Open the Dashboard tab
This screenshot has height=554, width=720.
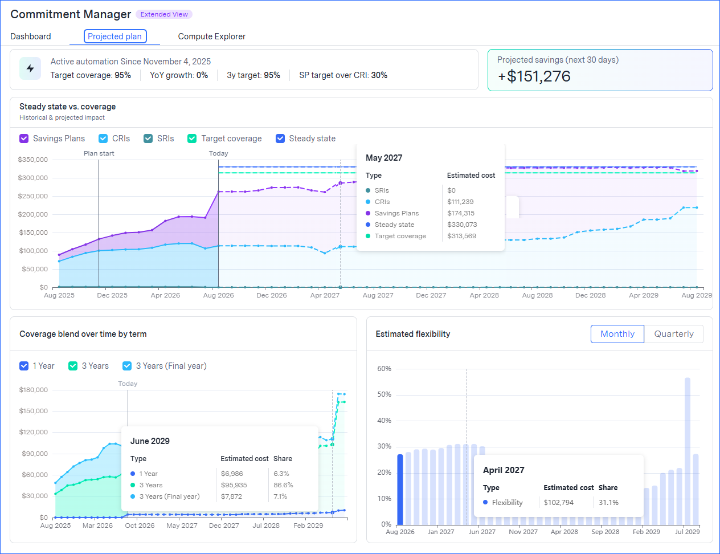tap(31, 36)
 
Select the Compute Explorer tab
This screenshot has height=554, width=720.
tap(212, 36)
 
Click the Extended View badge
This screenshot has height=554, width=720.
tap(164, 14)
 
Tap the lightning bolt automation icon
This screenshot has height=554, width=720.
tap(30, 68)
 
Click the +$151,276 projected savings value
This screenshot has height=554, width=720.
tap(534, 76)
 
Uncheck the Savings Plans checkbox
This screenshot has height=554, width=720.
tap(24, 138)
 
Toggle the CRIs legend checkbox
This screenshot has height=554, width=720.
tap(103, 138)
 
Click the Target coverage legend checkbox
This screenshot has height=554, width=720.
tap(192, 138)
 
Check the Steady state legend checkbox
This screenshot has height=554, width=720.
tap(280, 138)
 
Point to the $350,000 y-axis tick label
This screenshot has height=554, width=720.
tap(33, 160)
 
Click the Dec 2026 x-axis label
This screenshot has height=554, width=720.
tap(272, 295)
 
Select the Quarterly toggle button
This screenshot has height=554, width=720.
tap(674, 334)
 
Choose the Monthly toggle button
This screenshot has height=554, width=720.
tap(617, 334)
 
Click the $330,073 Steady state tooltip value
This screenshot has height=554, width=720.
tap(462, 225)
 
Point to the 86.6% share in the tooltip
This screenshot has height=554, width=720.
tap(283, 485)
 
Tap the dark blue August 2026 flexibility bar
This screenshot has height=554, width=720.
tap(400, 490)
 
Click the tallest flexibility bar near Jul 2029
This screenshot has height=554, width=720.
tap(688, 451)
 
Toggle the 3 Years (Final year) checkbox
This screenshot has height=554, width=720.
tap(127, 366)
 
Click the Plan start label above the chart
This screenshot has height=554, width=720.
tap(99, 153)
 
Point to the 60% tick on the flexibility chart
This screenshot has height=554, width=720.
tap(384, 369)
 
